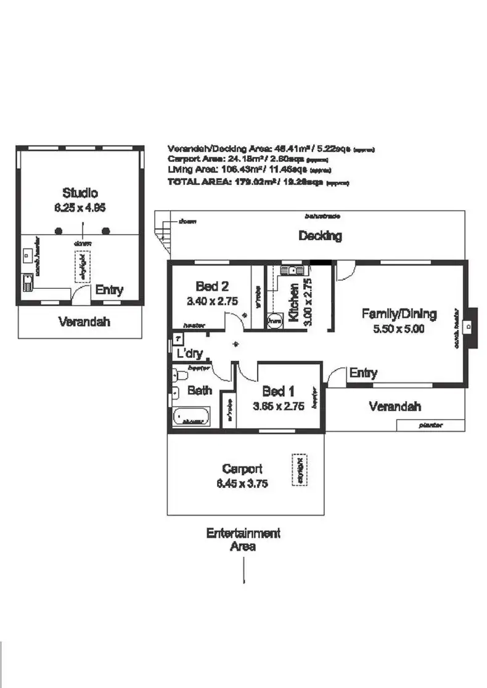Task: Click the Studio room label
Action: click(80, 192)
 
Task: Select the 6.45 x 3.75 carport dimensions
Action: click(242, 484)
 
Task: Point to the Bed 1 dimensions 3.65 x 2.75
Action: click(279, 406)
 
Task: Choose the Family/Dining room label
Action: click(398, 314)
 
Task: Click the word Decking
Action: click(320, 235)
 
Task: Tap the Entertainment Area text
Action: click(243, 539)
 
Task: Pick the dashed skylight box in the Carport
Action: click(299, 470)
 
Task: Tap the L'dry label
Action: click(190, 354)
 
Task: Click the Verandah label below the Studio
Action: click(80, 321)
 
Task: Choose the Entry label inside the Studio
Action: click(109, 289)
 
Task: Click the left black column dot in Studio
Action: click(59, 232)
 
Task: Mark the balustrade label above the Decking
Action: click(322, 216)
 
